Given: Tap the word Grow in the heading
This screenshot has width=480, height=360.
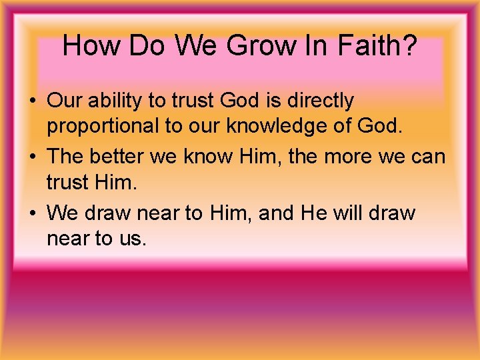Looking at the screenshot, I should pyautogui.click(x=261, y=46).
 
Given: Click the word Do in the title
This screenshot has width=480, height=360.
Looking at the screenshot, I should pyautogui.click(x=148, y=46).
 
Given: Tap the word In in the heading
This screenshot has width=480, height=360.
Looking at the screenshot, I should pyautogui.click(x=317, y=46).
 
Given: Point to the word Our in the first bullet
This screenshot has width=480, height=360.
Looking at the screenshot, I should pyautogui.click(x=64, y=101).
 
